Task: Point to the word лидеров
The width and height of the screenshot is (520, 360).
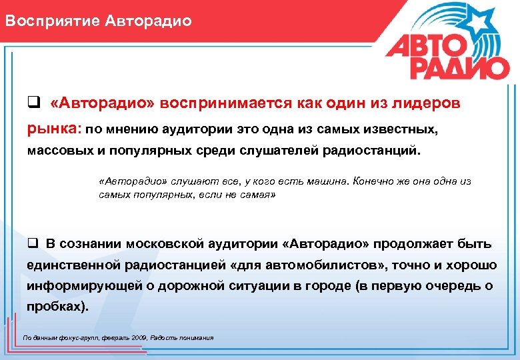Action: [x=427, y=104]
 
